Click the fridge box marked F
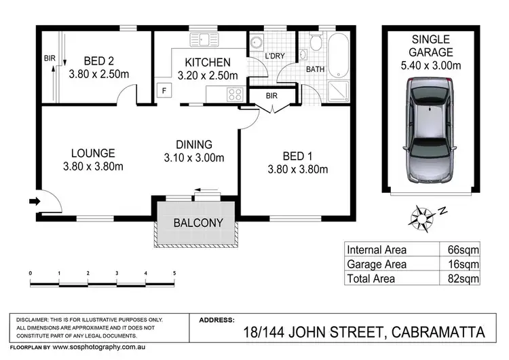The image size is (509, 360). tap(164, 90)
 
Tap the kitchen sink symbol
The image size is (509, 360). tap(204, 40)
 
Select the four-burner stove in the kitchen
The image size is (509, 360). tap(235, 94)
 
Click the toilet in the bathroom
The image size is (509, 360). tap(316, 41)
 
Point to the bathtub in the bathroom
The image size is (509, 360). tap(339, 56)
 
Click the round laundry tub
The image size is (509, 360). tap(257, 43)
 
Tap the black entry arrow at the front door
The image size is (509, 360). tap(35, 202)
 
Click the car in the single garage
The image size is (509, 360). tap(430, 130)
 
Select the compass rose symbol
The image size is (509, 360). tap(421, 219)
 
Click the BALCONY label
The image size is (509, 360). tap(198, 223)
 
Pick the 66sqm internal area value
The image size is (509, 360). tap(464, 249)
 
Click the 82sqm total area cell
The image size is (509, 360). tap(464, 278)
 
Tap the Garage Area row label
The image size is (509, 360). tap(377, 264)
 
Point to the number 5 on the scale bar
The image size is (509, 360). tap(174, 273)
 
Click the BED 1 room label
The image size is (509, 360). tap(297, 156)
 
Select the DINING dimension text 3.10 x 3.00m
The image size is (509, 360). tap(194, 158)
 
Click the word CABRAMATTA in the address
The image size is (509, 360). tap(438, 332)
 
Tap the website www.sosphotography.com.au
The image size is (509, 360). tap(99, 347)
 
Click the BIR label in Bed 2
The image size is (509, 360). tap(50, 58)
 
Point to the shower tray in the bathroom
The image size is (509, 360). tap(339, 91)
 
